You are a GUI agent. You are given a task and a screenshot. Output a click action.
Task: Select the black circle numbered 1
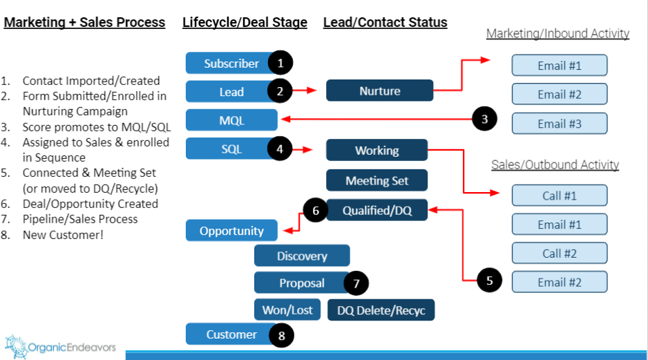(x=280, y=63)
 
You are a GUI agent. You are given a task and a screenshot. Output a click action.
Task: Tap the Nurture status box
(x=379, y=91)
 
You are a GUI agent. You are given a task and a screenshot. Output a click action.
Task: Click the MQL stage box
(x=231, y=120)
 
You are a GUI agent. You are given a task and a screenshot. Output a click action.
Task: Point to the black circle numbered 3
(x=485, y=119)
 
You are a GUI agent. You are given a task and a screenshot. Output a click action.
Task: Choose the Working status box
(x=377, y=150)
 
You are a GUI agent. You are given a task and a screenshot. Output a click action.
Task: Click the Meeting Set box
(x=377, y=180)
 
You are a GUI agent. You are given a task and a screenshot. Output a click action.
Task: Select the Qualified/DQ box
(x=377, y=211)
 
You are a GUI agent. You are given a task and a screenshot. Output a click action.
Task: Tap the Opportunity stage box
(x=231, y=231)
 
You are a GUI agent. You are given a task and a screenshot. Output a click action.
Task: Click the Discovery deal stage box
(x=302, y=256)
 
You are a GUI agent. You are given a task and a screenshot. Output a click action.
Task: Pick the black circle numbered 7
(x=356, y=283)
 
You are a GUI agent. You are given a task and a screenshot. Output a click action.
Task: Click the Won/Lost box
(x=287, y=310)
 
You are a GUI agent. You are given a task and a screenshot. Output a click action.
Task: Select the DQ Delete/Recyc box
(x=381, y=310)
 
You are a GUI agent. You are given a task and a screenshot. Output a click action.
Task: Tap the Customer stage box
(x=231, y=334)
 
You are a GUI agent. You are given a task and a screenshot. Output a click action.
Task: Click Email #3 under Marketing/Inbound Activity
(x=560, y=124)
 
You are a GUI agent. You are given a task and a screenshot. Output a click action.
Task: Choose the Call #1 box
(x=560, y=196)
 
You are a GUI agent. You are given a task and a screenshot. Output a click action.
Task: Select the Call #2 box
(x=560, y=253)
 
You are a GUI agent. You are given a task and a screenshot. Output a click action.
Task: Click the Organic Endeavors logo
(x=61, y=345)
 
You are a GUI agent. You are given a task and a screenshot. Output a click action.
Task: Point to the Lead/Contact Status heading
(x=385, y=23)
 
